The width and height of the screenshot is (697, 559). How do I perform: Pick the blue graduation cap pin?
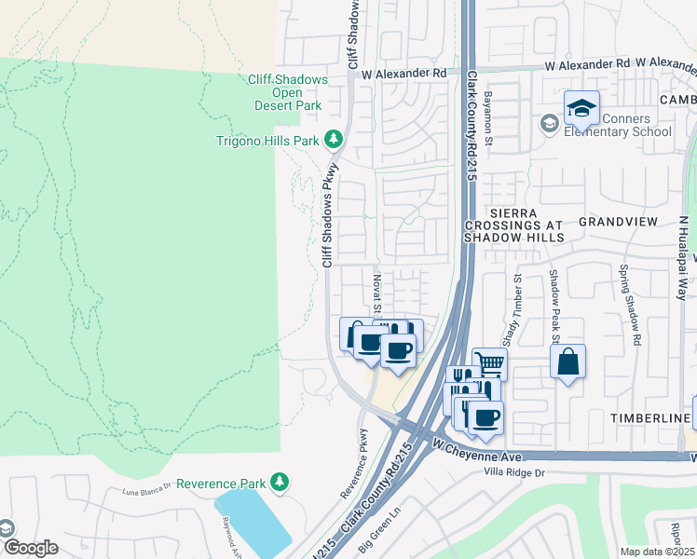pyautogui.click(x=581, y=109)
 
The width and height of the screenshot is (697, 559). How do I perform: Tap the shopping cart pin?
pyautogui.click(x=489, y=363)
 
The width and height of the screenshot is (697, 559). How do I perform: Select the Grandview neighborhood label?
pyautogui.click(x=618, y=222)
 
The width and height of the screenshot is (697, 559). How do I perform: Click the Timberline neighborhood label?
pyautogui.click(x=649, y=419)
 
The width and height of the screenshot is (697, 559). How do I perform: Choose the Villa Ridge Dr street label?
pyautogui.click(x=525, y=472)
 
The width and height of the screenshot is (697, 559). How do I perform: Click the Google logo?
pyautogui.click(x=31, y=548)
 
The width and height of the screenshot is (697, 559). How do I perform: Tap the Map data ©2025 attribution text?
pyautogui.click(x=657, y=552)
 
